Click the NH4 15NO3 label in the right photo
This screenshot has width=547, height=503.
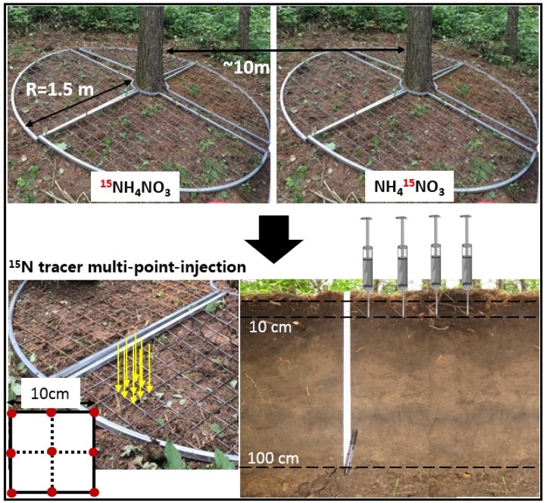point(410,187)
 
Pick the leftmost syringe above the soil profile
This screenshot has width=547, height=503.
point(368,263)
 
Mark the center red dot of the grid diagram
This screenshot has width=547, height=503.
point(51,452)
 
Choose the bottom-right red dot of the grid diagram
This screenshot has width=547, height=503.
point(94,491)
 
